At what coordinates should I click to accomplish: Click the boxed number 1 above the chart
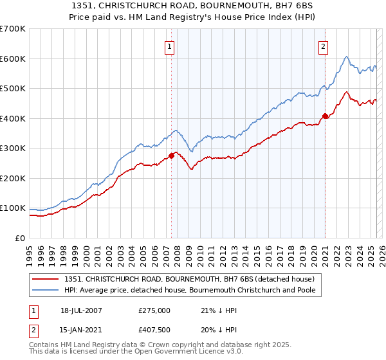[169, 46]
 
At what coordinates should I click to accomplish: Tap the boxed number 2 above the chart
[322, 46]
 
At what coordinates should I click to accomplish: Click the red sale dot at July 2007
[172, 156]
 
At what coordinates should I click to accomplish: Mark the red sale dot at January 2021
[326, 116]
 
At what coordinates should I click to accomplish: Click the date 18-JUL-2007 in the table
[80, 310]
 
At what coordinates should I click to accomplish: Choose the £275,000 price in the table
[154, 310]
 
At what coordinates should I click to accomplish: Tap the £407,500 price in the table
[154, 330]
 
